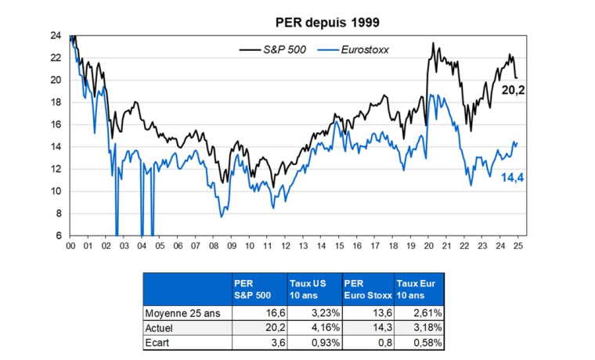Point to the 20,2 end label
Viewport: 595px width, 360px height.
[x=514, y=91]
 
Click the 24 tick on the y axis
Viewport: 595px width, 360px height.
[x=56, y=35]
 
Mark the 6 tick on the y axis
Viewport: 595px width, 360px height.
[x=59, y=236]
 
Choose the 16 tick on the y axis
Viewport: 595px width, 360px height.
[x=56, y=124]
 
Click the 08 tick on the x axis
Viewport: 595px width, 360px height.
[x=214, y=245]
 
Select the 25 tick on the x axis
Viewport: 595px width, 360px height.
[x=518, y=245]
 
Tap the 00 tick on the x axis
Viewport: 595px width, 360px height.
[x=70, y=245]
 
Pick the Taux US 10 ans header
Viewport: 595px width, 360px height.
[x=306, y=288]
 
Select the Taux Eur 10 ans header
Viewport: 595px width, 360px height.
[x=416, y=288]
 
